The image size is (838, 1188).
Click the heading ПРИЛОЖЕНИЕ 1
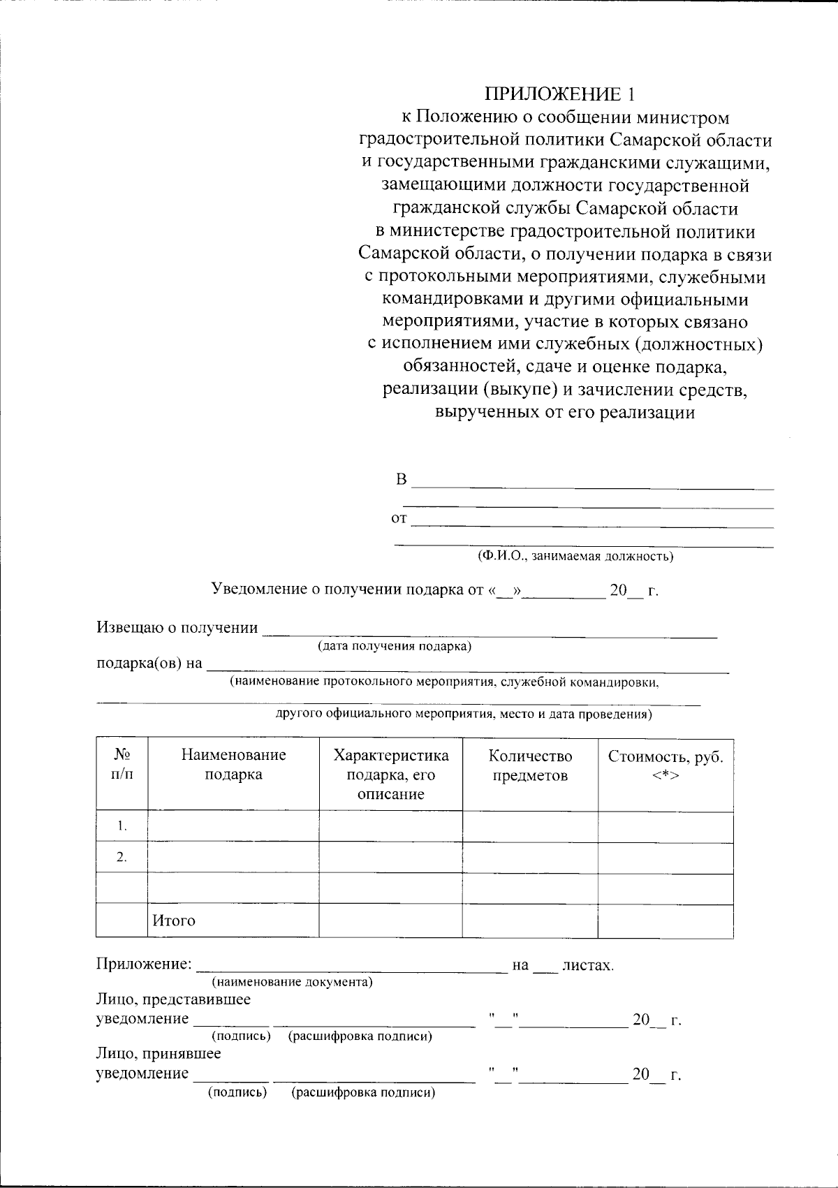pyautogui.click(x=561, y=94)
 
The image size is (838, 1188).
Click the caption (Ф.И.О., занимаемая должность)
pyautogui.click(x=575, y=556)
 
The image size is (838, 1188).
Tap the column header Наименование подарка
pyautogui.click(x=233, y=764)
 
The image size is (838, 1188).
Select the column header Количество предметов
pyautogui.click(x=530, y=765)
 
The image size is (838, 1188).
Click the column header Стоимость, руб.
pyautogui.click(x=665, y=757)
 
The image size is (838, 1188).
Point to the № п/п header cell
pyautogui.click(x=122, y=764)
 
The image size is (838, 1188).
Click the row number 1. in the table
pyautogui.click(x=122, y=826)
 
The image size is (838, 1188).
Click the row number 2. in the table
pyautogui.click(x=122, y=858)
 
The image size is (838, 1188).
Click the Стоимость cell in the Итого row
pyautogui.click(x=665, y=921)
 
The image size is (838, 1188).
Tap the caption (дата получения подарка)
pyautogui.click(x=395, y=646)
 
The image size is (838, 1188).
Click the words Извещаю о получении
pyautogui.click(x=177, y=627)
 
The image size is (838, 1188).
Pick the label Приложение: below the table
pyautogui.click(x=143, y=965)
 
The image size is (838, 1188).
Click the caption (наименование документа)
pyautogui.click(x=292, y=982)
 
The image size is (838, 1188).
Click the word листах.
pyautogui.click(x=587, y=965)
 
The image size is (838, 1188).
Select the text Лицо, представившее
pyautogui.click(x=172, y=999)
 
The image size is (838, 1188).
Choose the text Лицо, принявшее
pyautogui.click(x=158, y=1053)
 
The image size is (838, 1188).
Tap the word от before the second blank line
pyautogui.click(x=399, y=519)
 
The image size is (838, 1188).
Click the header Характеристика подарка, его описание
pyautogui.click(x=390, y=775)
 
